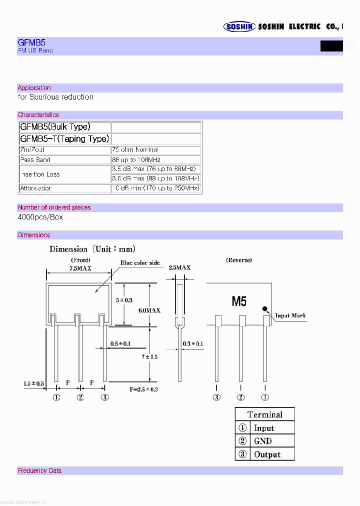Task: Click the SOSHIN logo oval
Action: point(239,27)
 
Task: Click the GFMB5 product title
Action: point(31,43)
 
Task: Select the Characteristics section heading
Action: point(38,115)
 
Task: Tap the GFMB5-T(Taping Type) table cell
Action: point(64,138)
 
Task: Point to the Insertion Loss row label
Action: point(40,174)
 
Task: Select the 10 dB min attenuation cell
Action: point(155,188)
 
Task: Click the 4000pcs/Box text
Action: point(40,217)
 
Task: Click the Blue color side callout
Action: point(140,263)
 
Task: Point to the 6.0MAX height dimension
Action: point(149,310)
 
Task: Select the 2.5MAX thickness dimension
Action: point(179,268)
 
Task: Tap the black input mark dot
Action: point(265,310)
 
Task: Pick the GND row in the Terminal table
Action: point(264,441)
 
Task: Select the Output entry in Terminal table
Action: point(264,454)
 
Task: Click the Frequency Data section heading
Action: point(39,470)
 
